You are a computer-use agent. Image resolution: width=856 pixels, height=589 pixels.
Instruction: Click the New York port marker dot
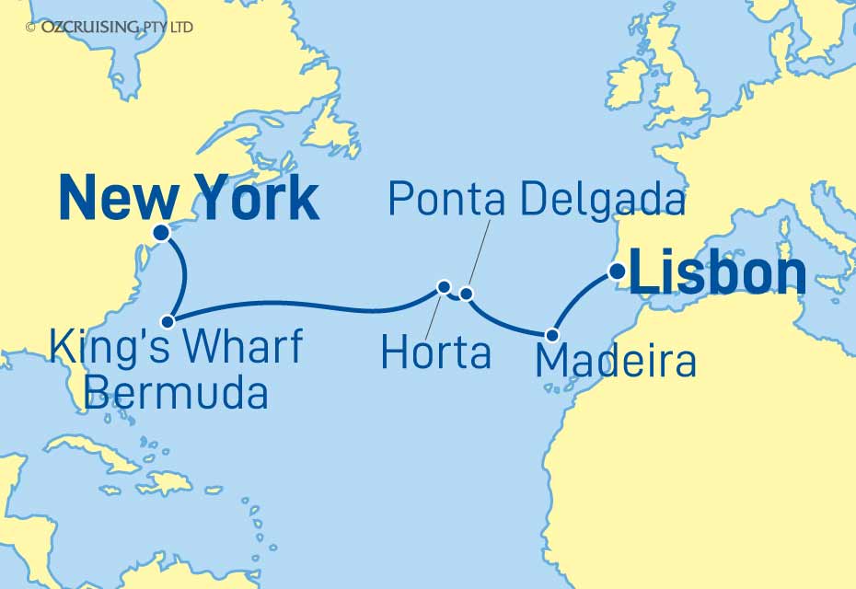coord(160,233)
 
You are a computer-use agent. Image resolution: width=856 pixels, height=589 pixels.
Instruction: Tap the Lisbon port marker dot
coord(618,271)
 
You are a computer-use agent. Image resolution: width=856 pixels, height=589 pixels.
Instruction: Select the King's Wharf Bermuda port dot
coord(168,321)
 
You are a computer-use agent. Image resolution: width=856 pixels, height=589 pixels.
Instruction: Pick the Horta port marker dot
coord(444,286)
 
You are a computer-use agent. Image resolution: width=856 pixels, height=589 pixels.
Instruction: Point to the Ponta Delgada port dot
coord(466,294)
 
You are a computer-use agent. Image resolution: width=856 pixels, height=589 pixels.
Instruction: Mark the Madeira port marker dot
coord(552,335)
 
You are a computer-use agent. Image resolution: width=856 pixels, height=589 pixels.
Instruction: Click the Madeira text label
coord(615,362)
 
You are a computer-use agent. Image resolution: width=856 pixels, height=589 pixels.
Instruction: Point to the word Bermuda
coord(176,393)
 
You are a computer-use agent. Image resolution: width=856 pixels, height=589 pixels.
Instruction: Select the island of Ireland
coord(626,83)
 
